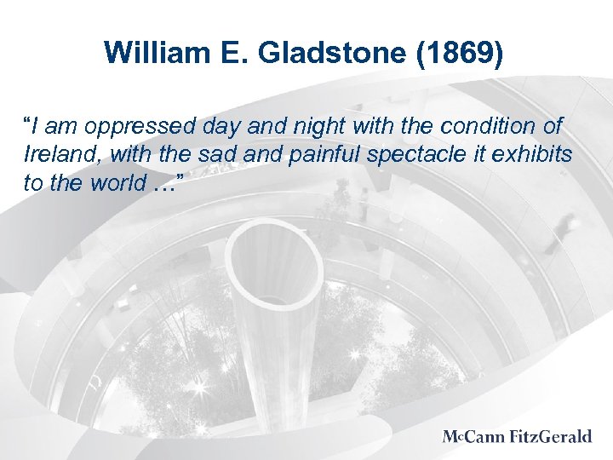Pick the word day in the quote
pyautogui.click(x=217, y=128)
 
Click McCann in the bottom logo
pyautogui.click(x=475, y=437)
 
